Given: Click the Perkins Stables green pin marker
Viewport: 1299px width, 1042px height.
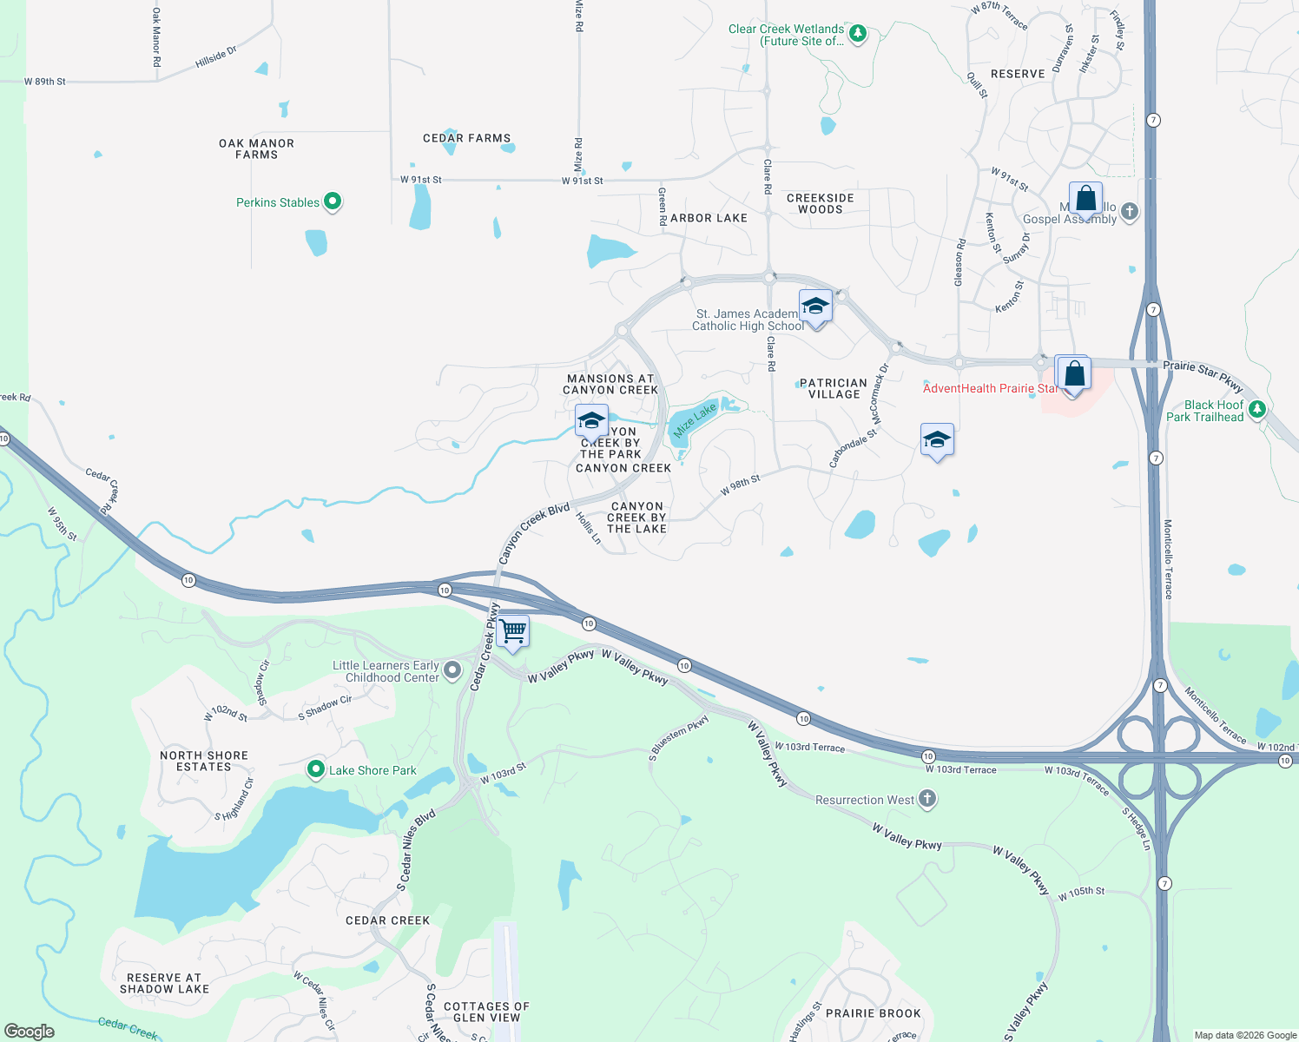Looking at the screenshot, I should pos(332,201).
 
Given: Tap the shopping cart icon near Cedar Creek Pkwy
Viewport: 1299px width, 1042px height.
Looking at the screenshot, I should pos(513,631).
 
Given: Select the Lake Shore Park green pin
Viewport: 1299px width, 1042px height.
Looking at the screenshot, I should pos(317,769).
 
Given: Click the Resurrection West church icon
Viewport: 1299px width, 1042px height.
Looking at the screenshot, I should pos(927,799).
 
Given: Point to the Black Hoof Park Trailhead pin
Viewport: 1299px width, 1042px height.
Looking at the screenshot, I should pos(1256,409).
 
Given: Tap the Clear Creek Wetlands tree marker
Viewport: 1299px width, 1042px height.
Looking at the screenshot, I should pos(858,34).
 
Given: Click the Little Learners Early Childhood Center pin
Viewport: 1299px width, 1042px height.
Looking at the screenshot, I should pos(452,670).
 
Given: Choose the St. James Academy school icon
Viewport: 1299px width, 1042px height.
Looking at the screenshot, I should pos(815,306).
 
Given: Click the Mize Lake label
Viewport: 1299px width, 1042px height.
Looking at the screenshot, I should pos(695,420).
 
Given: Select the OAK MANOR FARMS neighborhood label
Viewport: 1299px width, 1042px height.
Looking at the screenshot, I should pos(256,148).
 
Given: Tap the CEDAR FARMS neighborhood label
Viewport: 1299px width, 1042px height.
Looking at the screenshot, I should pos(466,138).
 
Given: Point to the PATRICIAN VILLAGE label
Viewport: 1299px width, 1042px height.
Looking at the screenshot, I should pos(834,388).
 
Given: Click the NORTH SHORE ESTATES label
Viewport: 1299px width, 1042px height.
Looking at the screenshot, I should pos(204,761).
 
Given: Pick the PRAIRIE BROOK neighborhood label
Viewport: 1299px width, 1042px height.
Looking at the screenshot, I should pos(873,1013).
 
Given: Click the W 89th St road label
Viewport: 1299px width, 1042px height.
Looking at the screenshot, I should pos(45,82).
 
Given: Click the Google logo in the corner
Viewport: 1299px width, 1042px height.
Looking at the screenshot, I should pos(29,1031).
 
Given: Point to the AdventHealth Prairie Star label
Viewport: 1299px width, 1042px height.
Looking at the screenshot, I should pos(990,388).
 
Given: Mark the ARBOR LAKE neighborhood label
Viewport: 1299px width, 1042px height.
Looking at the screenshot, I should pos(709,218).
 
